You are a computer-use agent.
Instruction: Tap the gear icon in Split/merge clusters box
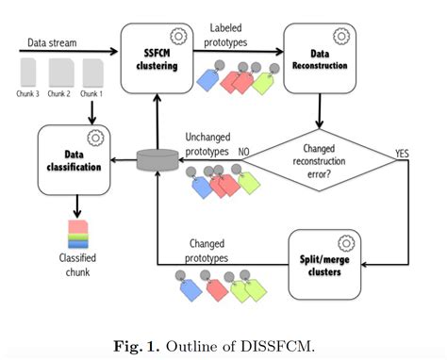[x=343, y=237]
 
